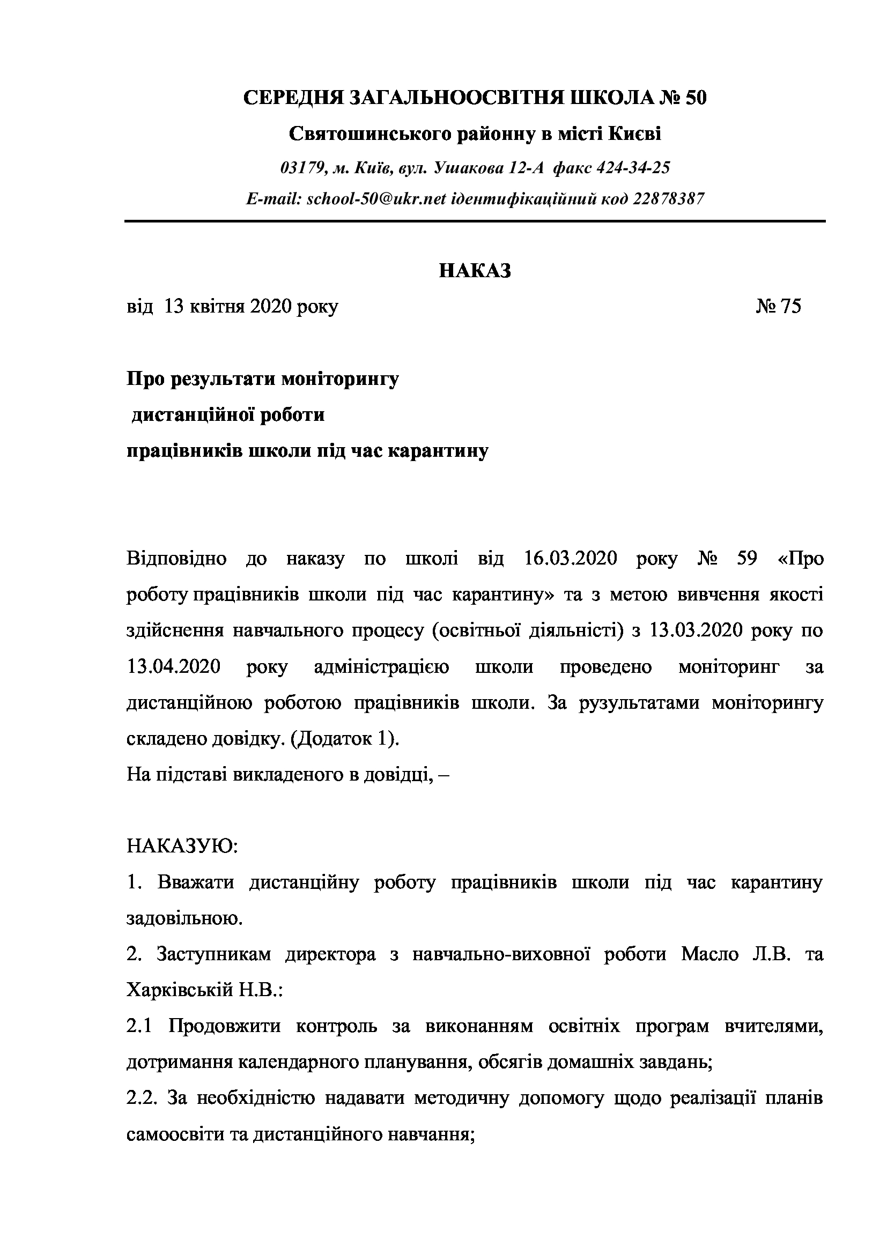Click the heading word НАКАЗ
click(x=475, y=271)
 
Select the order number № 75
click(x=779, y=307)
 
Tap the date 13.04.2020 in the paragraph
click(x=174, y=667)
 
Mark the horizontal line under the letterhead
click(x=475, y=221)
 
